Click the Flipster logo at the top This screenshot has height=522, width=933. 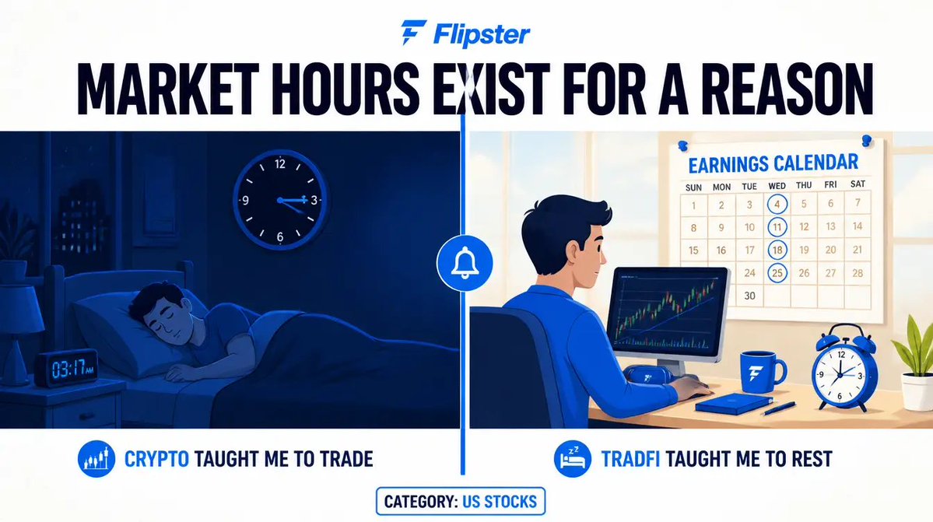pos(465,33)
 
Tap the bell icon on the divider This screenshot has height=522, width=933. pos(465,263)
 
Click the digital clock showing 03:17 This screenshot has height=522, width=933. pos(67,369)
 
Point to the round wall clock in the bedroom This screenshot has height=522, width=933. pos(280,200)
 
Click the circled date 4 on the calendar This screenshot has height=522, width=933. pos(777,205)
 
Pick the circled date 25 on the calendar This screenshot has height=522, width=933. pos(777,273)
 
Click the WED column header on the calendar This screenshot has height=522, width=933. pos(777,186)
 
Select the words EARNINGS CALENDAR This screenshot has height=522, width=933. pos(773,163)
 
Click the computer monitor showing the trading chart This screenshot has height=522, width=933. pos(668,315)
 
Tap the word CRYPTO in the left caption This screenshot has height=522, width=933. pos(156,459)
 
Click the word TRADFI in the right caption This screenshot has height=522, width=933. pos(630,459)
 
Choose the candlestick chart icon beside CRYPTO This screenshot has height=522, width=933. pos(96,459)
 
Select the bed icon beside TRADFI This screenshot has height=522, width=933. pos(573,459)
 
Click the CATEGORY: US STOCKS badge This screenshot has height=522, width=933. pos(461,501)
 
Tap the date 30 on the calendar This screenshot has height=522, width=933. pos(749,296)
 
